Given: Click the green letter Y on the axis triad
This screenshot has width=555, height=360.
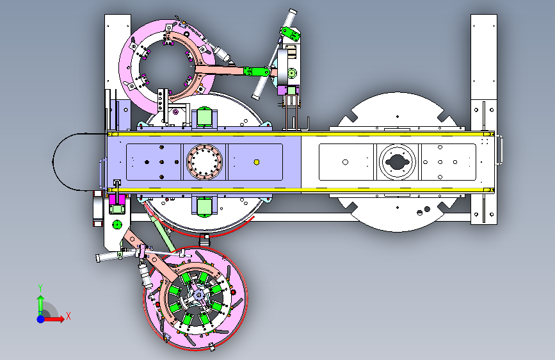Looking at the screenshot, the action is (40, 288).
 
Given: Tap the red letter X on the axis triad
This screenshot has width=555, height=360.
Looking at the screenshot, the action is (68, 316).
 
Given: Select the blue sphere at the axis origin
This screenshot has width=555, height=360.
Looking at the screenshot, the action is (41, 319).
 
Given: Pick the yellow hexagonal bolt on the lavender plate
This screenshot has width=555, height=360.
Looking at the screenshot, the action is (257, 162).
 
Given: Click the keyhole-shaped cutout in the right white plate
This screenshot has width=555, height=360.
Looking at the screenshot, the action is (397, 162).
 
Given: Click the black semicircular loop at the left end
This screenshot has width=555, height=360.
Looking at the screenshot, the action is (53, 162).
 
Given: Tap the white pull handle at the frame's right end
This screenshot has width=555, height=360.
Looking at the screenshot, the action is (499, 150).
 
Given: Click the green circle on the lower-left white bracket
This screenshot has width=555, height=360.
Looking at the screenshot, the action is (117, 224).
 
